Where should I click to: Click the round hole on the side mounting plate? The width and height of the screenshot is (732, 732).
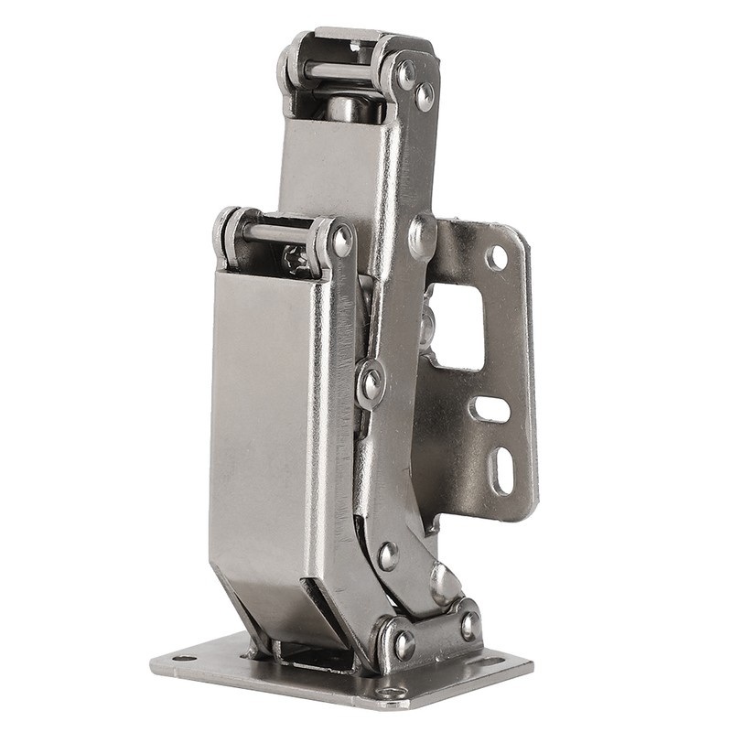pyautogui.click(x=496, y=258)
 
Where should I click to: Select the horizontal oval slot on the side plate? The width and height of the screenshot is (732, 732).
pyautogui.click(x=492, y=409)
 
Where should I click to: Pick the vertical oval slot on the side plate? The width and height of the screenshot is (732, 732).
pyautogui.click(x=502, y=470)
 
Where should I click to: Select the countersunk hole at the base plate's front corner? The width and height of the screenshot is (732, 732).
pyautogui.click(x=392, y=693)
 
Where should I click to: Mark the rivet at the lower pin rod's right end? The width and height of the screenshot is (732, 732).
pyautogui.click(x=341, y=241)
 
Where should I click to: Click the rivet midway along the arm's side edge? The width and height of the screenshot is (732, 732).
pyautogui.click(x=371, y=384)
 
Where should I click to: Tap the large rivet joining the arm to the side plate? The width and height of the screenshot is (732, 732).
pyautogui.click(x=422, y=235)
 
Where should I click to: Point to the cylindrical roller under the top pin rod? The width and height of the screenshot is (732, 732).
pyautogui.click(x=353, y=109)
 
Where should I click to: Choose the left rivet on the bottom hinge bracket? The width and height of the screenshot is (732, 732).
pyautogui.click(x=404, y=644)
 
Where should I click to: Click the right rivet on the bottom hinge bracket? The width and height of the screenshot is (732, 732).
pyautogui.click(x=468, y=626)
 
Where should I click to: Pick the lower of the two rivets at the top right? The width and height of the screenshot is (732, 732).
pyautogui.click(x=425, y=97)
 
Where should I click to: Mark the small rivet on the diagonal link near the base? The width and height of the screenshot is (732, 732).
pyautogui.click(x=388, y=555)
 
